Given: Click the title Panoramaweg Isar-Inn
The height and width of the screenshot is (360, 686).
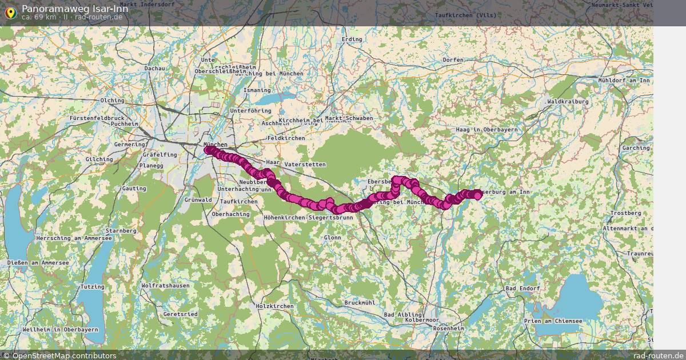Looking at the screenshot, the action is (x=71, y=9).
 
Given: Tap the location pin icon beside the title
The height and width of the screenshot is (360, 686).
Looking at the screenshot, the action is (x=10, y=11).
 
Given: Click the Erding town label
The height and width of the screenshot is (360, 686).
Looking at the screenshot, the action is (x=352, y=39).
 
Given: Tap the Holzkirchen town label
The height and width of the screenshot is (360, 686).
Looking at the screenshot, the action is (x=275, y=306).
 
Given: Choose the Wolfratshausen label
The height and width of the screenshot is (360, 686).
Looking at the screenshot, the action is (x=165, y=285).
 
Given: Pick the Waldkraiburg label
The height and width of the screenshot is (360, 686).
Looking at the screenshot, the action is (x=568, y=101).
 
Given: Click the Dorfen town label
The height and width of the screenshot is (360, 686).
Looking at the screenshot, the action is (x=453, y=60).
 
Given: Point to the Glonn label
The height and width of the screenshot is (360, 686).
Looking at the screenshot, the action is (x=332, y=237).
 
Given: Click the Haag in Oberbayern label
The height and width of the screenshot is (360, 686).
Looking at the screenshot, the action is (x=486, y=130).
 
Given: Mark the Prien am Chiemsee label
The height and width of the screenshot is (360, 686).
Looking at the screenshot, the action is (x=553, y=321).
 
